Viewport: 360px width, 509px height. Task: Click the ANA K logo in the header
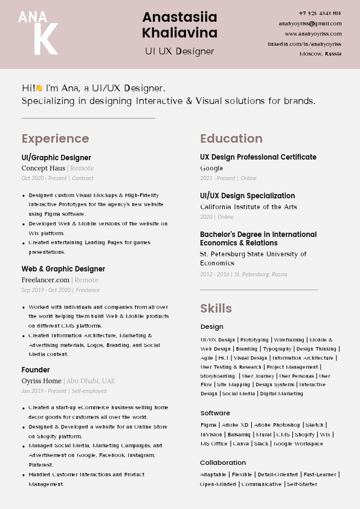point(38,33)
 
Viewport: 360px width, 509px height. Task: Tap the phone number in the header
point(320,13)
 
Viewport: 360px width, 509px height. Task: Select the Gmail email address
point(310,24)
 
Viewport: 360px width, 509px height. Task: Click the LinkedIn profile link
point(304,44)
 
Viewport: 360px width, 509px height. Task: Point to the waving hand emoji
point(39,88)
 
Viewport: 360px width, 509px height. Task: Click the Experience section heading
point(55,139)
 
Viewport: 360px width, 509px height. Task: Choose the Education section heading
point(231,139)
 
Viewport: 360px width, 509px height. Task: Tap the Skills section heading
point(216,308)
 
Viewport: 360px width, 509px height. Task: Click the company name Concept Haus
point(43,168)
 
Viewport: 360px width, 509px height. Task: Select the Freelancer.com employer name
point(46,280)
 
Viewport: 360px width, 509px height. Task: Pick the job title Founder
point(36,370)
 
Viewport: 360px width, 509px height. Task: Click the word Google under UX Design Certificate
point(211,168)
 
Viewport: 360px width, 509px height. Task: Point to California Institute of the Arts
point(248,207)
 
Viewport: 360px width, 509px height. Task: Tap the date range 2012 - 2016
point(215,274)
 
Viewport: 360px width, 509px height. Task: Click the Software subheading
point(215,413)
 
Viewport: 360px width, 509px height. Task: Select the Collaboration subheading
point(223,463)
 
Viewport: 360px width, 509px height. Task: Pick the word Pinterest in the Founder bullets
point(41,465)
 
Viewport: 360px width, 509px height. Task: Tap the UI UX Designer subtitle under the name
point(179,51)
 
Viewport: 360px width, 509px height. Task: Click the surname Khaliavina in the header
point(179,33)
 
